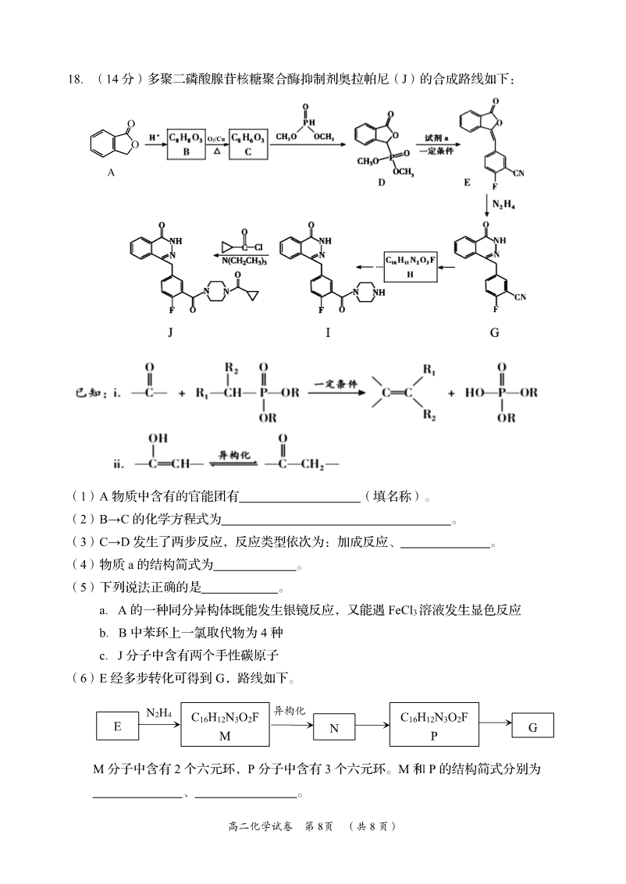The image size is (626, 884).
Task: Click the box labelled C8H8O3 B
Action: click(x=187, y=145)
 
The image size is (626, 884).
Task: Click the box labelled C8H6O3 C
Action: click(x=249, y=145)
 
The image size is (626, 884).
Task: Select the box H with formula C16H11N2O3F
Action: click(x=410, y=266)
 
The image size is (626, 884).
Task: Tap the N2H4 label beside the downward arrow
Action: click(x=503, y=204)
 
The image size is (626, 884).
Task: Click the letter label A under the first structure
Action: click(x=111, y=172)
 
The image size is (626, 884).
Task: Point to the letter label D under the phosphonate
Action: click(x=382, y=182)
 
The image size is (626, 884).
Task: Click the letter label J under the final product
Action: click(x=170, y=332)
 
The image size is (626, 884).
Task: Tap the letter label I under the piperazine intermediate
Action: click(x=328, y=332)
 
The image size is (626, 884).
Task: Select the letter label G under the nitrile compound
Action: click(x=495, y=332)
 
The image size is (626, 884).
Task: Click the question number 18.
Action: click(x=76, y=79)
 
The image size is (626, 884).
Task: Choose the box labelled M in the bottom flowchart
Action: click(x=225, y=725)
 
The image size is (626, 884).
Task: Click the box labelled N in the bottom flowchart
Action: click(x=334, y=727)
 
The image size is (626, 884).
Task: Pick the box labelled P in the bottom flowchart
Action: click(x=434, y=725)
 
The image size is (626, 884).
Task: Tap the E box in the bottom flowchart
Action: click(x=117, y=726)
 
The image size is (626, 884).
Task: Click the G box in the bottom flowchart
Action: click(x=533, y=726)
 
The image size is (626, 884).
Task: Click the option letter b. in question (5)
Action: click(x=105, y=633)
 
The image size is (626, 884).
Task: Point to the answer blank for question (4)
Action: click(x=255, y=566)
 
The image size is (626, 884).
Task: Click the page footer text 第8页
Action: click(x=318, y=826)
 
